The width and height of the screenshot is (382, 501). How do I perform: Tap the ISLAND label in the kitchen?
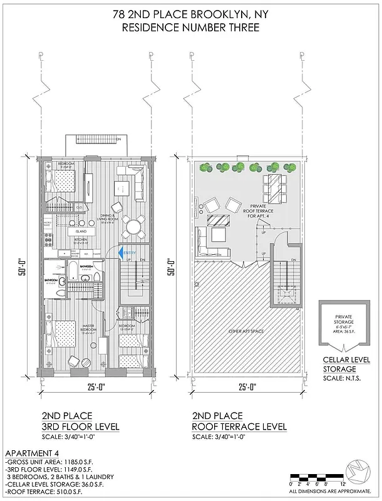coord(86,231)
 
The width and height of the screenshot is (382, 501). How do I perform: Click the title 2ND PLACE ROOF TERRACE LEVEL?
coord(239,421)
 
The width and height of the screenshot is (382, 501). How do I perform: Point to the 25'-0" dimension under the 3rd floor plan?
coord(96,387)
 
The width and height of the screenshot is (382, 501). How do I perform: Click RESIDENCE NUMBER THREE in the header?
coord(190,28)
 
